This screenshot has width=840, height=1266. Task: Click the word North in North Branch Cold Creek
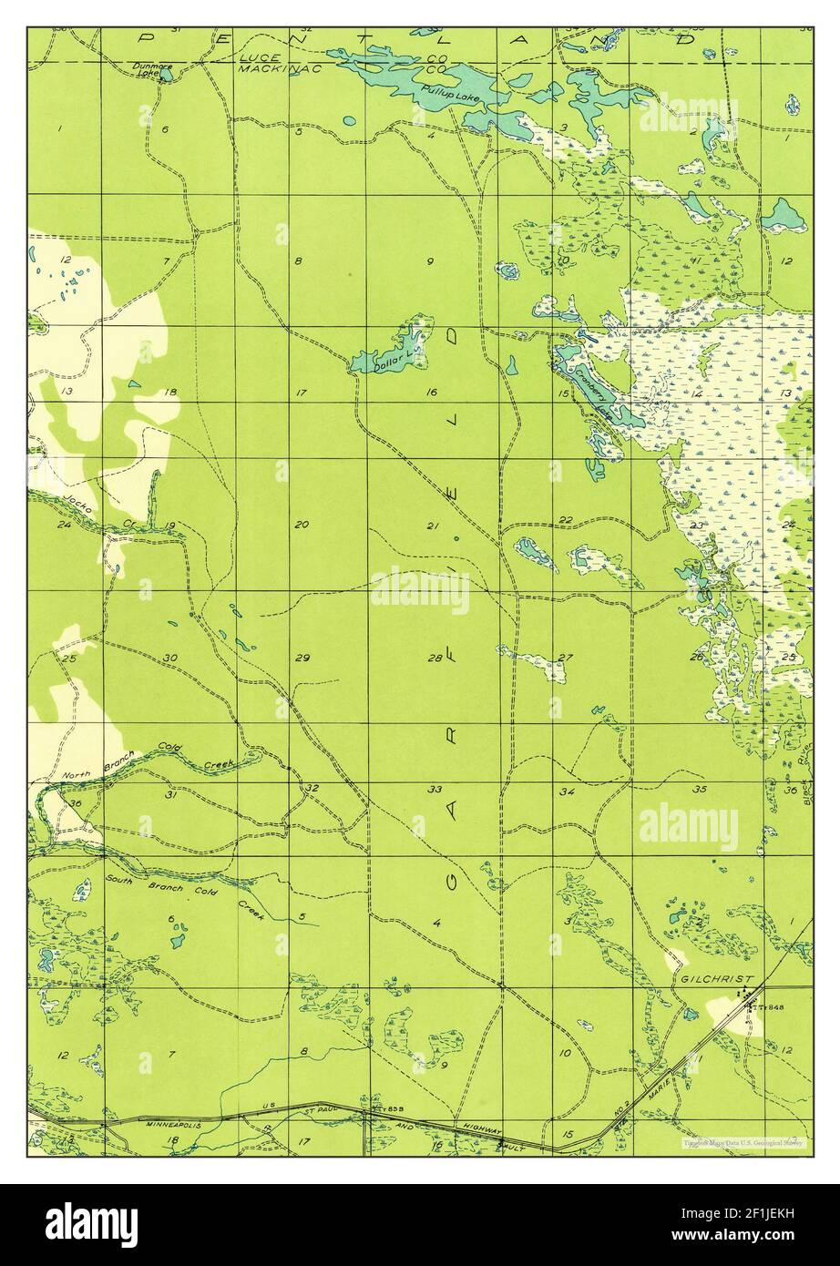[79, 772]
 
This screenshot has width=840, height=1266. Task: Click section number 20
[302, 524]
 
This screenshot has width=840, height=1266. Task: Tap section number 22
[566, 520]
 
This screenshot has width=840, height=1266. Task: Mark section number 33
[435, 789]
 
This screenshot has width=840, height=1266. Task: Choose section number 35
[700, 789]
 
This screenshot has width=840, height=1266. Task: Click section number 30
[170, 658]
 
